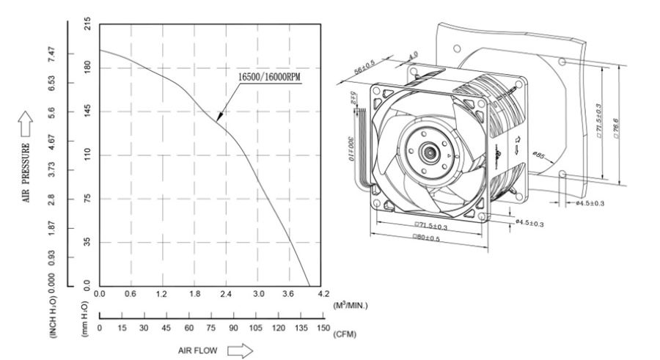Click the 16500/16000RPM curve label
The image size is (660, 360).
tap(268, 76)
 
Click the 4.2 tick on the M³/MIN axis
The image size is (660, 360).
tap(323, 294)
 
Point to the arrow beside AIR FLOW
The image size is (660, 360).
tap(240, 350)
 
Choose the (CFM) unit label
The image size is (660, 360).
tap(344, 334)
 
